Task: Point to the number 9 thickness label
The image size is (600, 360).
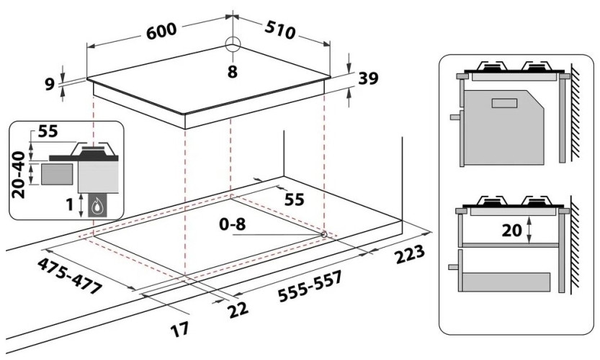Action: (50, 83)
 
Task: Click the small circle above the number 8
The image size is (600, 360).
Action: (233, 44)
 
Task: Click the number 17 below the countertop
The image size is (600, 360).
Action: (180, 329)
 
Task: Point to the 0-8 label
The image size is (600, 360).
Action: (233, 225)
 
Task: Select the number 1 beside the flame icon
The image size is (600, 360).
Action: (71, 205)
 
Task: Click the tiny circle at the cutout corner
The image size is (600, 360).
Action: (323, 234)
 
